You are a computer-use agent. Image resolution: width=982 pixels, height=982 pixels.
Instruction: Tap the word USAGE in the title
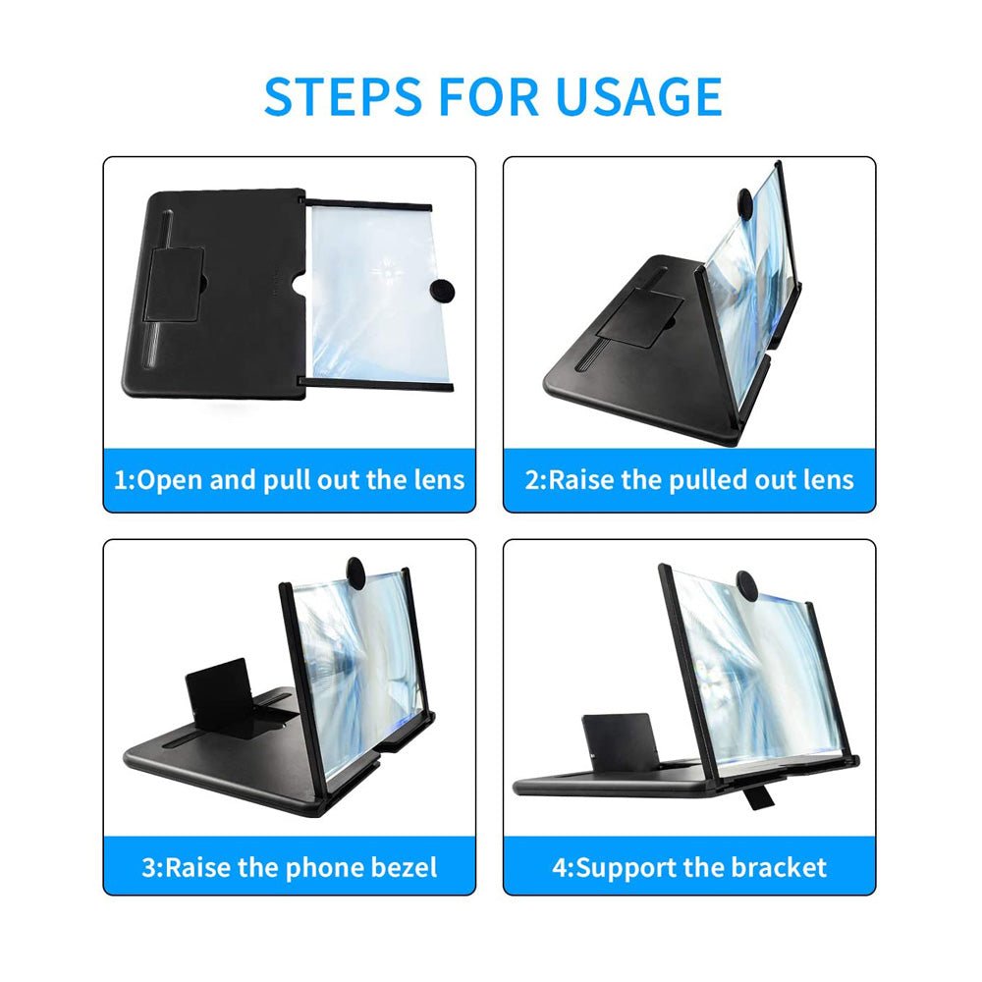(638, 95)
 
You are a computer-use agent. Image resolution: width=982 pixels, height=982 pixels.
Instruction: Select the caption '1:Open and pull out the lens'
(290, 480)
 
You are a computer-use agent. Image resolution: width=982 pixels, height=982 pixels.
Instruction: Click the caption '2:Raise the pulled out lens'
(690, 480)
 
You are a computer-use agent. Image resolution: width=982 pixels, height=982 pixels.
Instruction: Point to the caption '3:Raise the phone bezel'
(290, 867)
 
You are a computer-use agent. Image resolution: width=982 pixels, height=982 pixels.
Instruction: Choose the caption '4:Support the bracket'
(690, 867)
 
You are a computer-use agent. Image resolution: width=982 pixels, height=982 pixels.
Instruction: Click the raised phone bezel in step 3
(218, 695)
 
